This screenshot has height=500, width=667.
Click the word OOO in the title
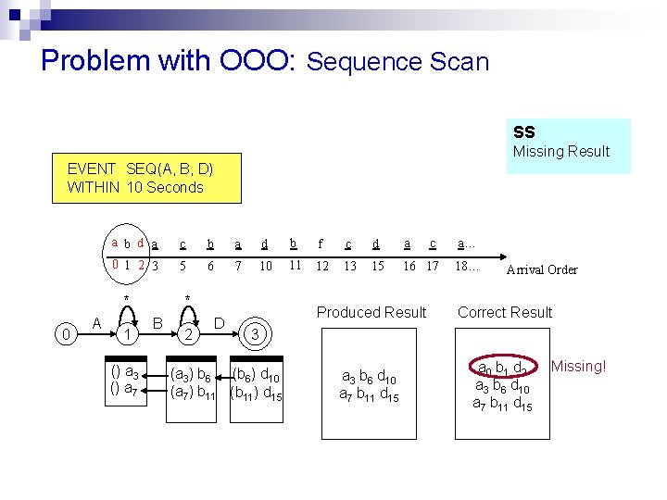(255, 61)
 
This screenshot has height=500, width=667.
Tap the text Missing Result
(561, 152)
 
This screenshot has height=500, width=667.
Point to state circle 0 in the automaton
(64, 331)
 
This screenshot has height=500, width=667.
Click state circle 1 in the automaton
(131, 332)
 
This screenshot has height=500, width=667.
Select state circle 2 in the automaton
(187, 332)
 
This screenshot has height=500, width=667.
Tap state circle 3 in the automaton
(255, 332)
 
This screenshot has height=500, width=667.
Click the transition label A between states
(96, 322)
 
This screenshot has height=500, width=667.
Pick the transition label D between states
(220, 322)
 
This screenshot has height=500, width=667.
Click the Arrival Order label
(542, 270)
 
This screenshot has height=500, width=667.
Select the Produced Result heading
(371, 313)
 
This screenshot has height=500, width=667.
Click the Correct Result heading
(505, 313)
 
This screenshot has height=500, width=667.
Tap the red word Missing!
(578, 367)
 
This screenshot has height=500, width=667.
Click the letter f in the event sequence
(321, 244)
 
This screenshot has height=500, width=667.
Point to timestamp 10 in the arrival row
(266, 267)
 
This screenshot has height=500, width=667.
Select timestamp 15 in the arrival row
(376, 267)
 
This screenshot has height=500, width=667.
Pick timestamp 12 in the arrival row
(322, 267)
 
